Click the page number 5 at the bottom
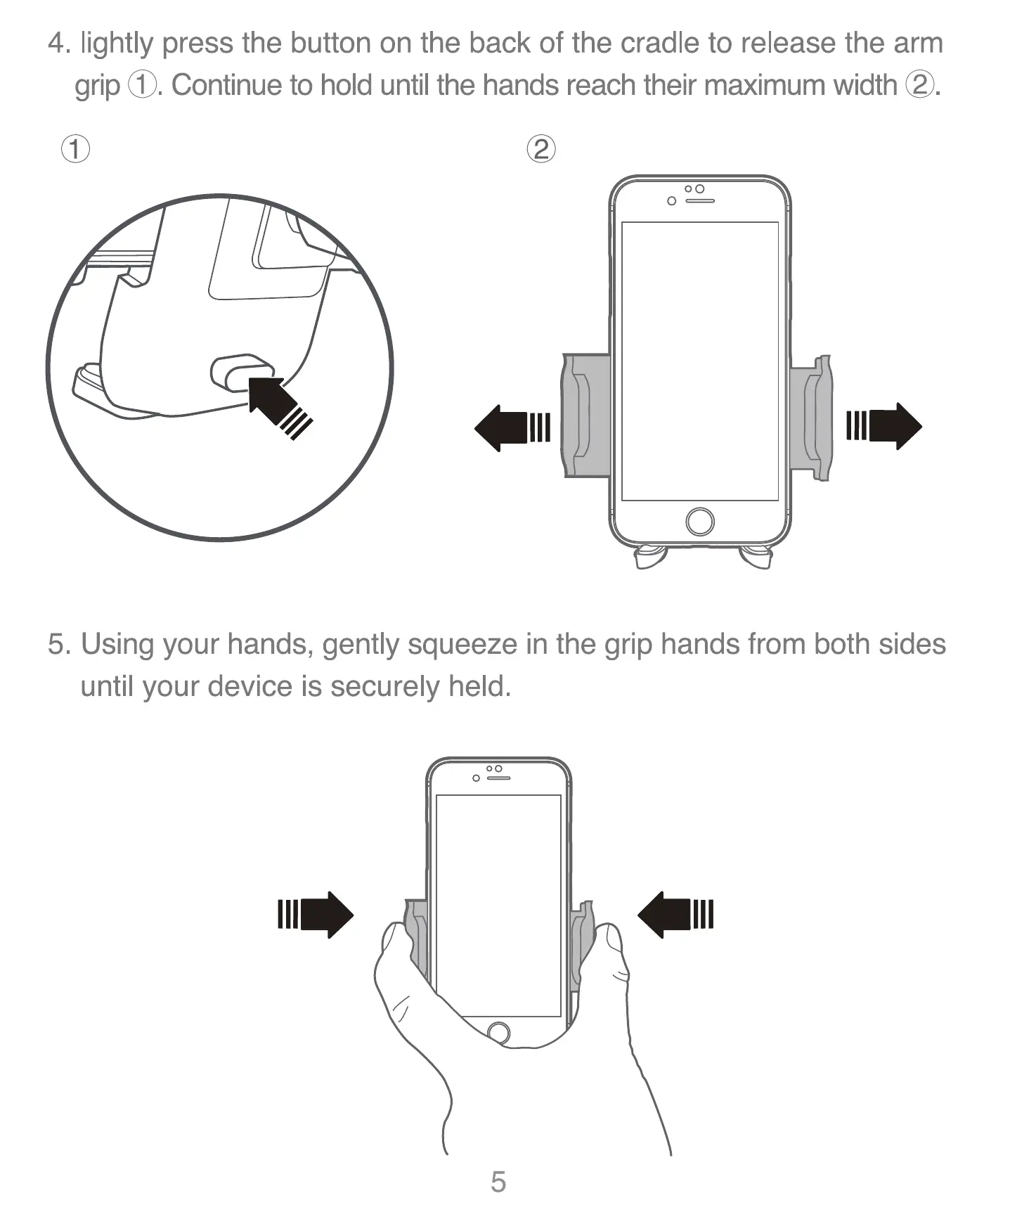click(x=498, y=1182)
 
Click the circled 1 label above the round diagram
click(x=75, y=149)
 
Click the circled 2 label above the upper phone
click(x=540, y=149)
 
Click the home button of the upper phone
click(x=699, y=522)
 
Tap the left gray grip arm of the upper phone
click(x=584, y=415)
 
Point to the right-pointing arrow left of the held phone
click(x=316, y=915)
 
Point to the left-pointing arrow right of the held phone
click(x=675, y=915)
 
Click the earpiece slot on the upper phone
click(x=700, y=201)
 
